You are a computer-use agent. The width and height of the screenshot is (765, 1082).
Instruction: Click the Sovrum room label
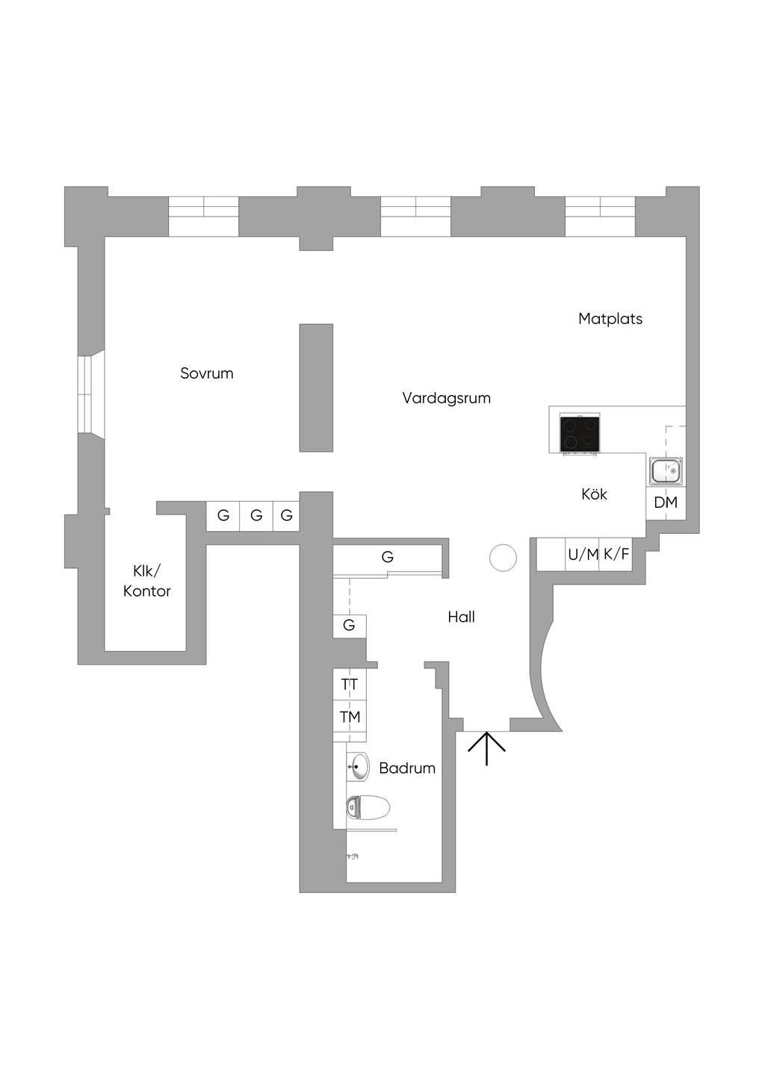pos(207,373)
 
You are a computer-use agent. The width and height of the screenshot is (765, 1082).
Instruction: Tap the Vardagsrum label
pos(446,398)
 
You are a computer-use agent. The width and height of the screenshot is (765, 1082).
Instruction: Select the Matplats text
pos(610,319)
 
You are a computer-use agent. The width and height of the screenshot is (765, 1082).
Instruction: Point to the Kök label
pos(594,494)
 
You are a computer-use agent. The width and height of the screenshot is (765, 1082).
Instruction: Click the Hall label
pos(461,617)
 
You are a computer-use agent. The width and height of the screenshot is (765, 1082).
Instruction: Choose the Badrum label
pos(407,768)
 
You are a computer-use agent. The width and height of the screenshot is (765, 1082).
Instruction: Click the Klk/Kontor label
pos(147,581)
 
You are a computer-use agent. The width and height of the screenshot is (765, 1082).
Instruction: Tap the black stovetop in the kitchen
pos(580,433)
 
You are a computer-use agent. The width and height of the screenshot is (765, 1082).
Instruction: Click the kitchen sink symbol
pos(666,471)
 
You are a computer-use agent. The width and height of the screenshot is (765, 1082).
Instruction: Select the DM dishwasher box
pos(666,503)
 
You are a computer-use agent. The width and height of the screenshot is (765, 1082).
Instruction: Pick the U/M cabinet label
pos(583,555)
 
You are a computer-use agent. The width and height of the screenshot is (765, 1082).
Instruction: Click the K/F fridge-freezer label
pos(616,554)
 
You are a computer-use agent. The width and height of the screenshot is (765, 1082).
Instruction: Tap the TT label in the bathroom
pos(350,685)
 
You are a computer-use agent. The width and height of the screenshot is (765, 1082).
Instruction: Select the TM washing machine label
pos(350,717)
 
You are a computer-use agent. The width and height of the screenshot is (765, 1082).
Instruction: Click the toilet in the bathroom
pos(368,807)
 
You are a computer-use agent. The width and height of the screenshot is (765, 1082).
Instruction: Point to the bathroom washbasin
pos(358,767)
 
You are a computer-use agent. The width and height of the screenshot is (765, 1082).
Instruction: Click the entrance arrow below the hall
pos(486,748)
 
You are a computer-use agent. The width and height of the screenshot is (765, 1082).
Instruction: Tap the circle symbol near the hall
pos(503,557)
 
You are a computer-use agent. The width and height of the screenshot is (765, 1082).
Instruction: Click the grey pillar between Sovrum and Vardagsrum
pos(316,388)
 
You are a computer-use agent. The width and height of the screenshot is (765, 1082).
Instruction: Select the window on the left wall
pos(88,394)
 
